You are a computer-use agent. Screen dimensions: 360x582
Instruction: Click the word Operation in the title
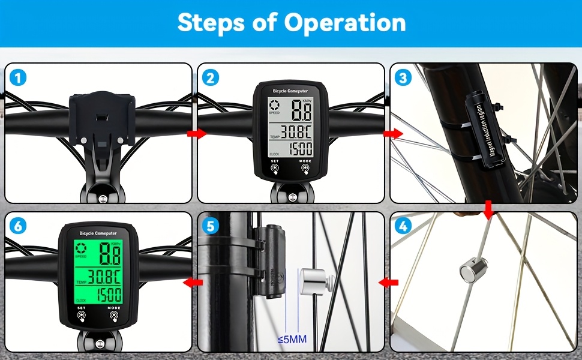[345, 23]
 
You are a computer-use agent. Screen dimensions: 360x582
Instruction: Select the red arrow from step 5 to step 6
[192, 281]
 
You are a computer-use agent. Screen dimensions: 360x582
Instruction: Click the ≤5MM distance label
[292, 340]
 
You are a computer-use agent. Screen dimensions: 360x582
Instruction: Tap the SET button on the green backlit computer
[81, 314]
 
